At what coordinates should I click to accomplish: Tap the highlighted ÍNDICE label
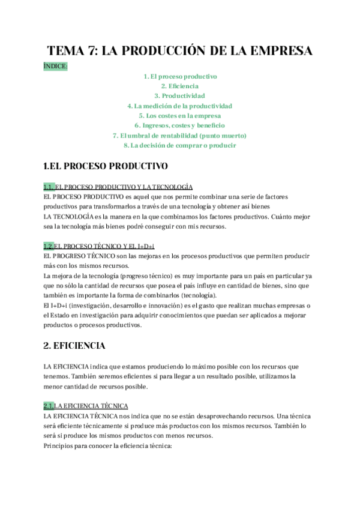56,66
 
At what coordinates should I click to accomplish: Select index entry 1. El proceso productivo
180,77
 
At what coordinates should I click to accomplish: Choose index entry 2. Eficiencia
180,86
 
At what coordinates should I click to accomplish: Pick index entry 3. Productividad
180,96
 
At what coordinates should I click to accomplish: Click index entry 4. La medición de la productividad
180,106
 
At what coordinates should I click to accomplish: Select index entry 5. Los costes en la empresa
180,115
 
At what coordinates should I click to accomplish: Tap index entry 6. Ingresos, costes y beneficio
180,125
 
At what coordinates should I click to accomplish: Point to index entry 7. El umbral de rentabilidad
180,135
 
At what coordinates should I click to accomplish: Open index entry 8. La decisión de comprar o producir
180,145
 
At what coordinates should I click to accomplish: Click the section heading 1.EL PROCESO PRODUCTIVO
106,165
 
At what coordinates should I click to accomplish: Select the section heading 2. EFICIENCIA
74,346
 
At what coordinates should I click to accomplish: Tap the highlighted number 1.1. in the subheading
49,187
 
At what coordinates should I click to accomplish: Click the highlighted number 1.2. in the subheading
49,246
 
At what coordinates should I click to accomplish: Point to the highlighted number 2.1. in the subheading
49,406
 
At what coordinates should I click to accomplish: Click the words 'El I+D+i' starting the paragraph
56,306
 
